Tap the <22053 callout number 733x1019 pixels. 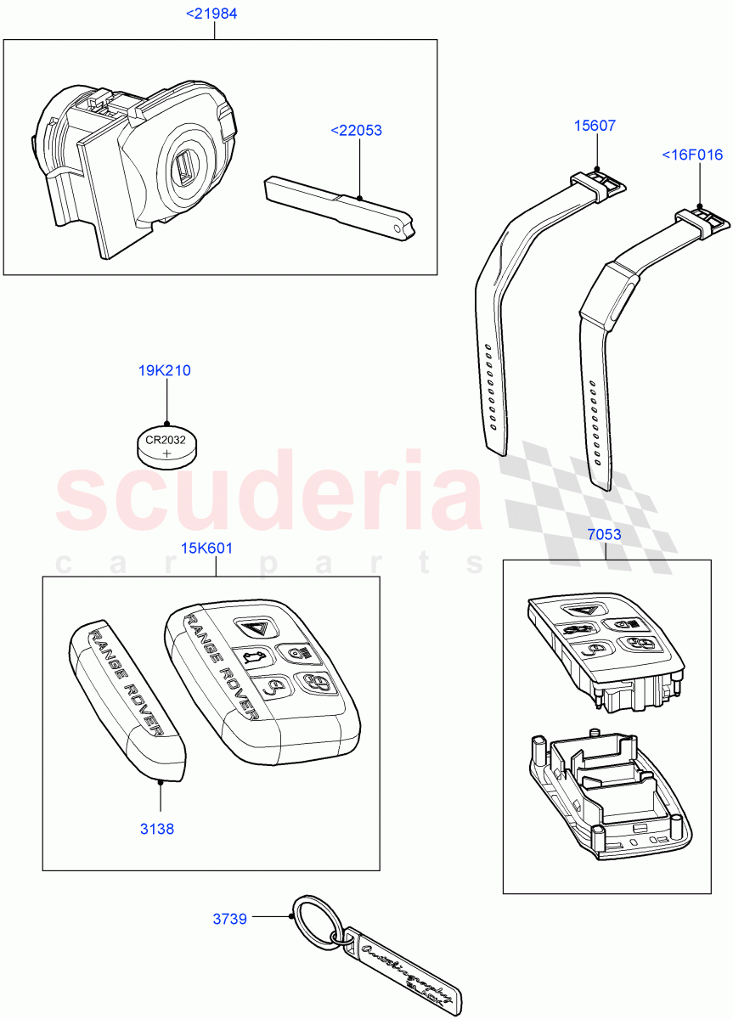point(356,131)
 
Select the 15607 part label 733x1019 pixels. point(595,126)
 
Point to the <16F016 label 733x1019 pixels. point(692,155)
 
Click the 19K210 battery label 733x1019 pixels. point(165,370)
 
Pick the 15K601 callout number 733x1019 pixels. point(206,548)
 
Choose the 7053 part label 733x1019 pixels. point(604,535)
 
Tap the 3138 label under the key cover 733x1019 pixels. point(157,829)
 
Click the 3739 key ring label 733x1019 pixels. point(229,919)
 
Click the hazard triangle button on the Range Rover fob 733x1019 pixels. point(252,628)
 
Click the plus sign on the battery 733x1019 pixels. point(166,455)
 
